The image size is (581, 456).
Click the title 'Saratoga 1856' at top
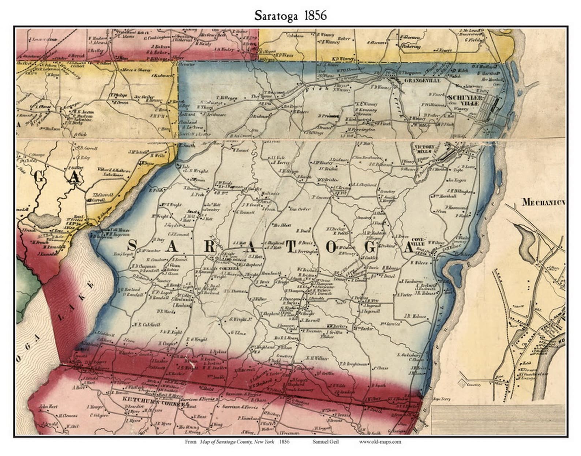290,15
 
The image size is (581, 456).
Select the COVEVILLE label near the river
419,241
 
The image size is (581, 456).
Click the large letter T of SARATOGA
290,247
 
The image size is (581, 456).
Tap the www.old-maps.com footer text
379,441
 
